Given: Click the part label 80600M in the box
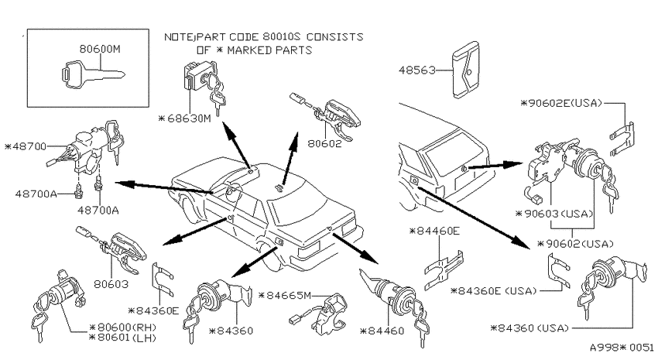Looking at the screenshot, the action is pos(100,49).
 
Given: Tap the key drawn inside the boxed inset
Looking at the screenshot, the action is pos(93,75).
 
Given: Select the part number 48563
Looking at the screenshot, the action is pos(417,70).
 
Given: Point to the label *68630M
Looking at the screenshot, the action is pos(185,118).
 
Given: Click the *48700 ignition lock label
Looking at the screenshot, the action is pos(26,147).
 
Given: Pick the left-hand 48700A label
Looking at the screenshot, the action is pos(36,194).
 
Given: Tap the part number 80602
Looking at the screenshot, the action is pos(325,143).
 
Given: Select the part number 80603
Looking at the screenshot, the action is pos(111,284).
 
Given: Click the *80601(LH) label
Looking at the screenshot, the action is pos(123,338).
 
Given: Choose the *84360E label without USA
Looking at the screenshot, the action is pos(153,311).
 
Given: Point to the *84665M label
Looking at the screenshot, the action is pos(285,296).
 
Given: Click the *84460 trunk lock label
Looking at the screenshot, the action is pos(382,331).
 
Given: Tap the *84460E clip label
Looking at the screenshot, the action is pos(435,231).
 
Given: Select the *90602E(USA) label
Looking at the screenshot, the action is pos(561,103).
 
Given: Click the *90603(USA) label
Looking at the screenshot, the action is pos(554,214).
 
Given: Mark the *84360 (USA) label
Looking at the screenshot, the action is pos(529,327).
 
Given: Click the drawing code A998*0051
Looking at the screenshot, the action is pos(622,348).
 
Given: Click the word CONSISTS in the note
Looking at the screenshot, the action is pos(335,37).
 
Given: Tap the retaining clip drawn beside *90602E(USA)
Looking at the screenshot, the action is pos(622,139).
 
